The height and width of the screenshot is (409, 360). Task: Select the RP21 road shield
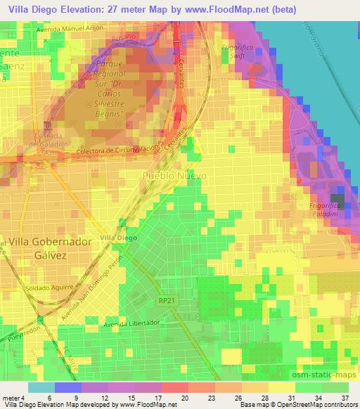pyautogui.click(x=165, y=299)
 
